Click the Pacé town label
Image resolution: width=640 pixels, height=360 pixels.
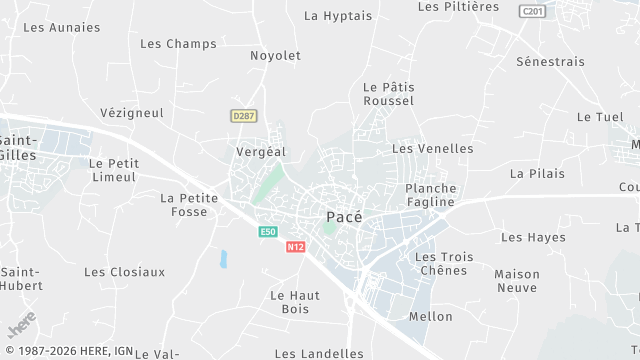pos(344,216)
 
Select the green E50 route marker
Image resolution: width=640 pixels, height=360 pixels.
pos(267,232)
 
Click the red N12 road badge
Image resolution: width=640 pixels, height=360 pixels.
pos(294,247)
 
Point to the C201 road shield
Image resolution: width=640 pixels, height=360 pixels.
pos(532,10)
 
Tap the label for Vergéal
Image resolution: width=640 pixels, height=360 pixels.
pos(260,151)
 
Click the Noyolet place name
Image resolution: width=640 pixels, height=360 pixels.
pos(275,56)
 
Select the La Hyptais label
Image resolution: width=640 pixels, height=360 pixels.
pos(337,16)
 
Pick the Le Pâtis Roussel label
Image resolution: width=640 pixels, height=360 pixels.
pos(388,94)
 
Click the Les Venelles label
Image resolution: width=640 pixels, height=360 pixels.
pos(432,149)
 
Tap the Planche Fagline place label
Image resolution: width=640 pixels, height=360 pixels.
pos(430,195)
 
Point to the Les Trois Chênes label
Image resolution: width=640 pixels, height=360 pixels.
pos(443,264)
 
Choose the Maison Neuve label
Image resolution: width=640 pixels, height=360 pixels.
pos(517,281)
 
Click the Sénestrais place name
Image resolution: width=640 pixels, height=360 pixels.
pos(550,62)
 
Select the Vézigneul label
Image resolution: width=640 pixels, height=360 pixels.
pos(132,113)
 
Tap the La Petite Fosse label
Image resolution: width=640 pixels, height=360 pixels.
pos(189,205)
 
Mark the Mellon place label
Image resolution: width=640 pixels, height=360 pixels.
pos(430,317)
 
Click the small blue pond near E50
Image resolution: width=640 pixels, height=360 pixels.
pos(223,259)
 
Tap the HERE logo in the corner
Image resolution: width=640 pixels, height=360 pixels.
pos(21,327)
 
